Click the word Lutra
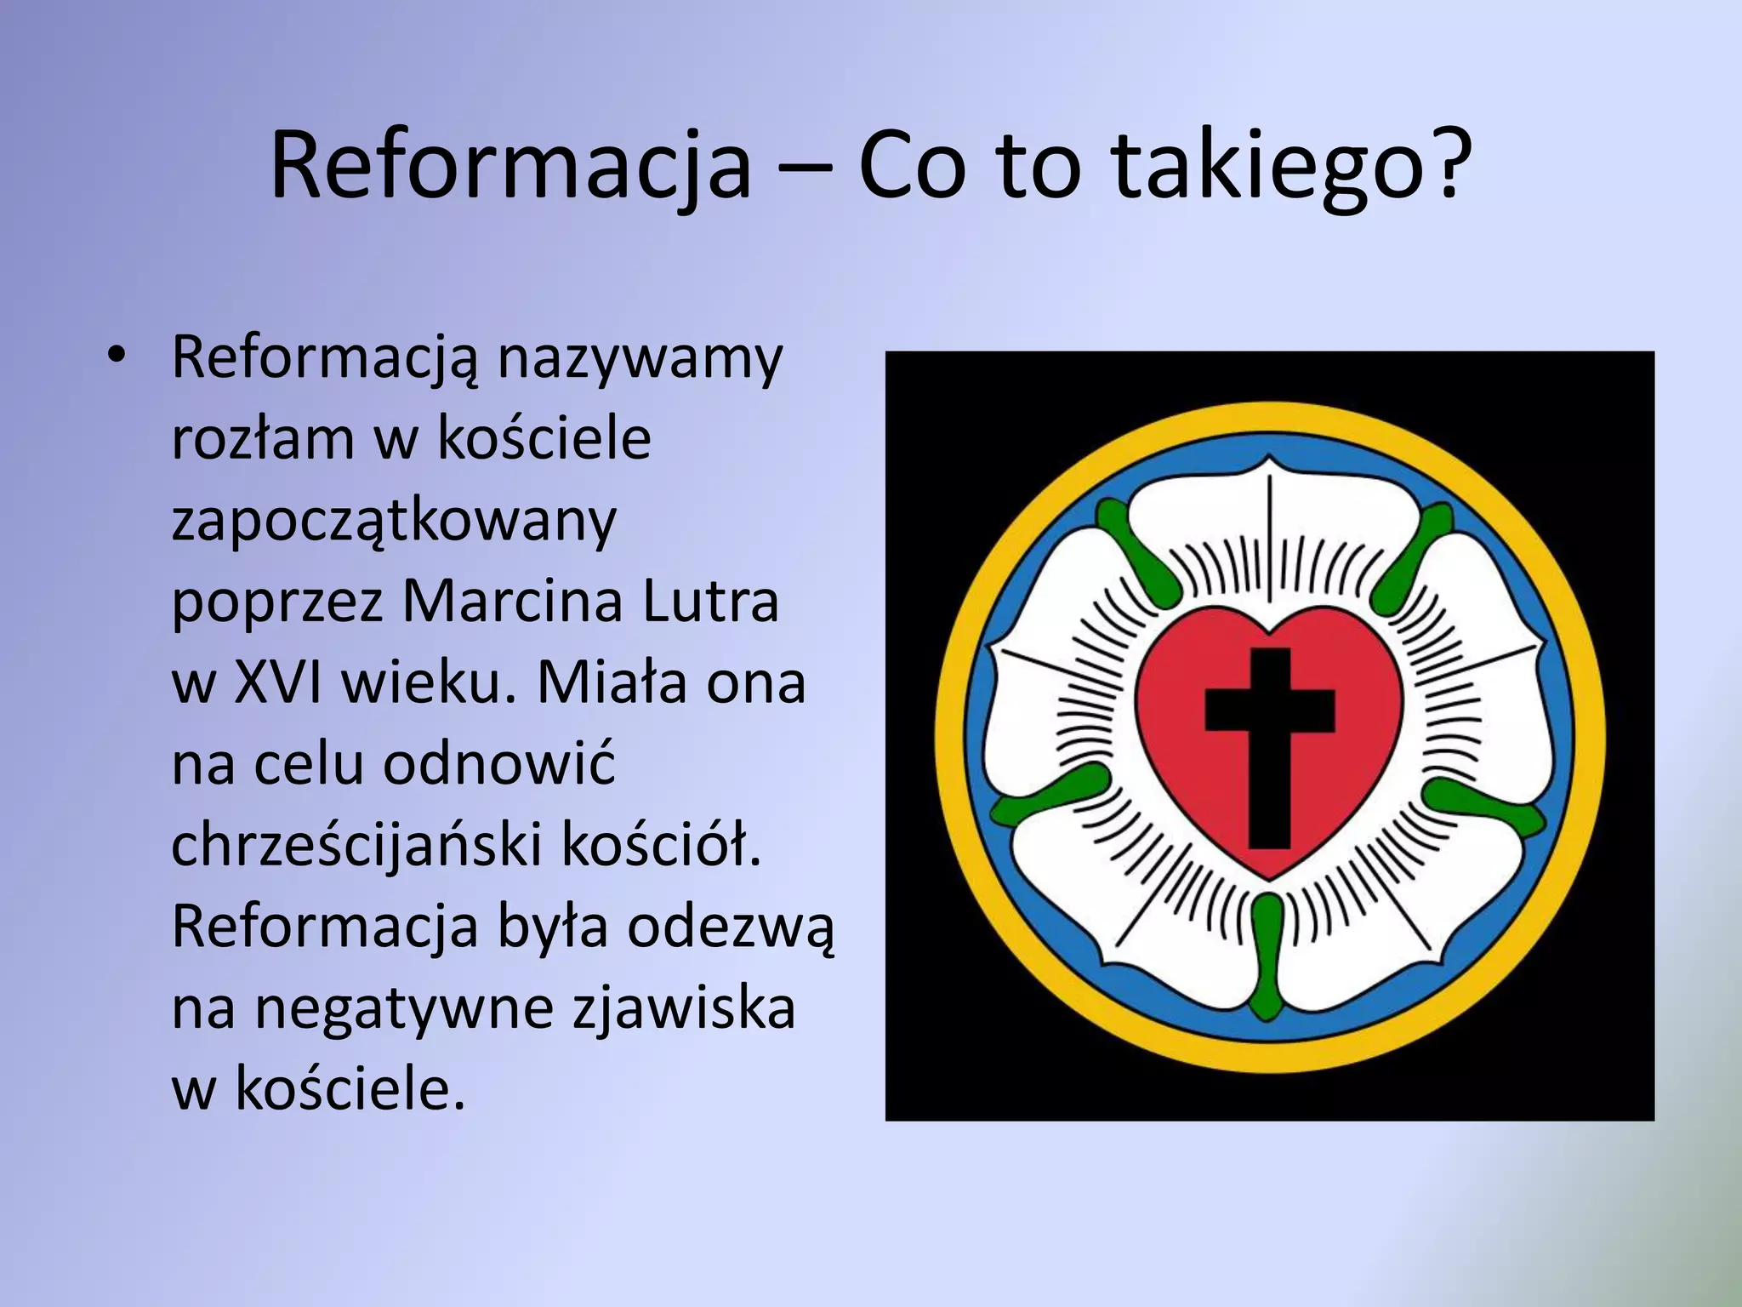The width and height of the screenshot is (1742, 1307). pos(711,602)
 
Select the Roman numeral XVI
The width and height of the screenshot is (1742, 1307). pos(277,682)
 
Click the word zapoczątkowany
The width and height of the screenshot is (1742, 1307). pos(393,521)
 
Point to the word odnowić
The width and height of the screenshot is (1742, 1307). pos(498,764)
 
